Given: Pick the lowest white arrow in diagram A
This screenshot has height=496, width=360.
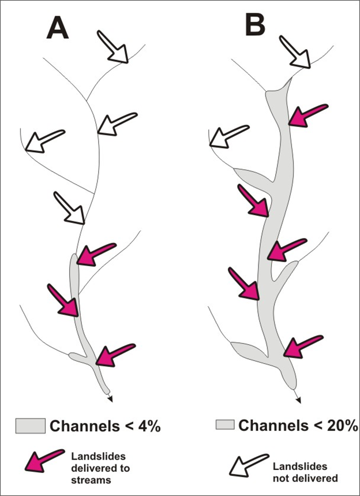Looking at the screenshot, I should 69,207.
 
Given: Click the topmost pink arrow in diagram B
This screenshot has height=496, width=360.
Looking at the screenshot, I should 307,114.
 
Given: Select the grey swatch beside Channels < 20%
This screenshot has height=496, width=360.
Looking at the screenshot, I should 225,426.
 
